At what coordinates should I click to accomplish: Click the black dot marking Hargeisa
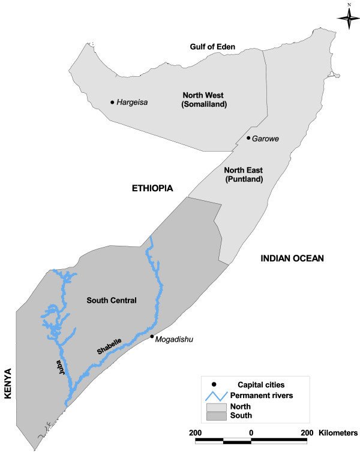pos(112,103)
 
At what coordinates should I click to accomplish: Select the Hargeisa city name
pos(133,103)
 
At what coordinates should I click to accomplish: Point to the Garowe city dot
pos(248,138)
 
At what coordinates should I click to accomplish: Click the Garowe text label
pos(266,138)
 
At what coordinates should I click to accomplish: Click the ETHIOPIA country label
pos(152,188)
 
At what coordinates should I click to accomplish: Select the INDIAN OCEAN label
pos(292,258)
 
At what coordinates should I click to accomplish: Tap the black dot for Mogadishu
pos(152,336)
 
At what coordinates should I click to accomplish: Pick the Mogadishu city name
pos(175,340)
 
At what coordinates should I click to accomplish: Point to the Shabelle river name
pos(110,347)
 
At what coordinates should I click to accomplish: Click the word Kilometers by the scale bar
pos(337,432)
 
